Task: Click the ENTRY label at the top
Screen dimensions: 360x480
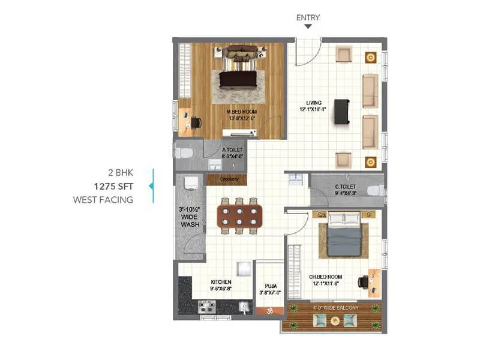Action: point(308,17)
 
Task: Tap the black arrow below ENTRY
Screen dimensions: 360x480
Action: point(308,27)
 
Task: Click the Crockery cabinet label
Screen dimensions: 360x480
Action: point(229,179)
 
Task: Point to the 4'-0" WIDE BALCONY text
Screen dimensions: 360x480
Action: point(335,308)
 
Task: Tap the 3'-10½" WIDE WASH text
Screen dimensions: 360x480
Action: point(190,217)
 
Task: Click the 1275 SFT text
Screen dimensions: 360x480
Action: point(112,187)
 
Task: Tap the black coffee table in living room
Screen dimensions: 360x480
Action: point(342,112)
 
